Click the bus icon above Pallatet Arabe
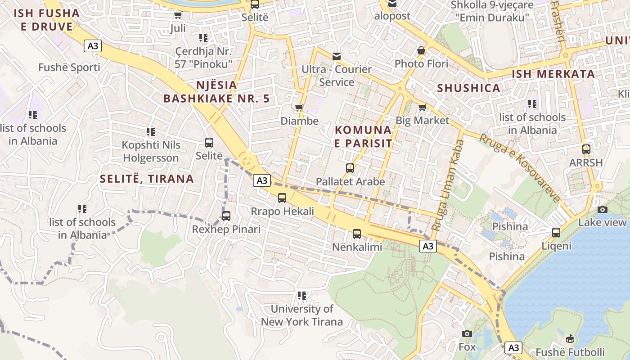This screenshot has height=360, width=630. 350,168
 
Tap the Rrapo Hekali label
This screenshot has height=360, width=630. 282,211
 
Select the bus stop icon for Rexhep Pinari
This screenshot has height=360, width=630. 226,216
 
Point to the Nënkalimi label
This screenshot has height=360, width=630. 357,247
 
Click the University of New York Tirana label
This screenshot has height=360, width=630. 302,315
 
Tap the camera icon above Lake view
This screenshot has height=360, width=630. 603,209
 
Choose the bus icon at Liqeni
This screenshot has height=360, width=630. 556,233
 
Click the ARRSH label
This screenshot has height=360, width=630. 585,162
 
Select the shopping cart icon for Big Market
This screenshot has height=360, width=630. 422,107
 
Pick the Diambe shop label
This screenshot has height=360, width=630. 299,121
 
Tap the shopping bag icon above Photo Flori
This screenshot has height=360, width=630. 421,50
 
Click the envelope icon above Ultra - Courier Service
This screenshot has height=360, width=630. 336,56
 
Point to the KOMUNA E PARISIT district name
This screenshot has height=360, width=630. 363,137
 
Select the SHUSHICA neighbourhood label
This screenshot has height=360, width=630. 468,88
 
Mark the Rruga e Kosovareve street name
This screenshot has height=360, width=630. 519,168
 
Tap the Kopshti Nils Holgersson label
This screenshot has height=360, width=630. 151,152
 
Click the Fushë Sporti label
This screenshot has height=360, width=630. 69,67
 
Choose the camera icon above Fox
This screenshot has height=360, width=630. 467,333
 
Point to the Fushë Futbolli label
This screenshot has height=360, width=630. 570,352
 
